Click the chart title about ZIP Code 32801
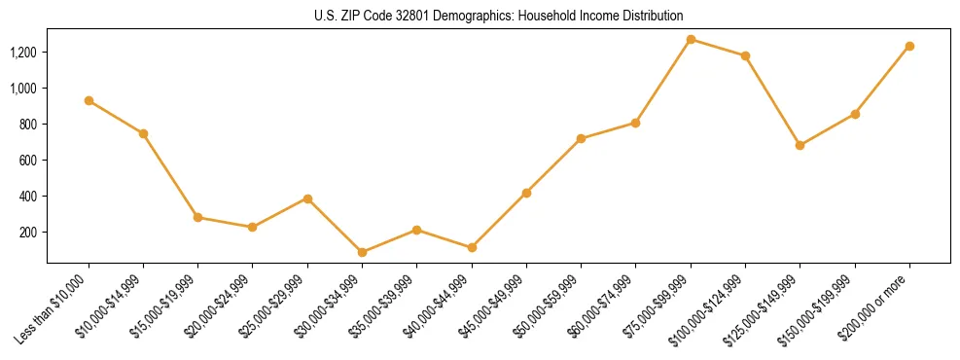point(498,16)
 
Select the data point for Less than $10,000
point(89,100)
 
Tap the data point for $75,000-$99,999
point(691,39)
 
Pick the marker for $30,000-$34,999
point(362,252)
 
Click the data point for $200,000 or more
point(909,46)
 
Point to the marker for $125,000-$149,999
point(800,145)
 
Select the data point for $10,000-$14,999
point(143,133)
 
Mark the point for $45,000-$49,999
point(526,193)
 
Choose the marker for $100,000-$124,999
point(745,55)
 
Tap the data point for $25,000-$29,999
point(307,198)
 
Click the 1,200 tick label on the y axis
point(23,52)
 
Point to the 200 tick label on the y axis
point(29,232)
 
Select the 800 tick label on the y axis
point(29,124)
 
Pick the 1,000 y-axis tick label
point(23,88)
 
